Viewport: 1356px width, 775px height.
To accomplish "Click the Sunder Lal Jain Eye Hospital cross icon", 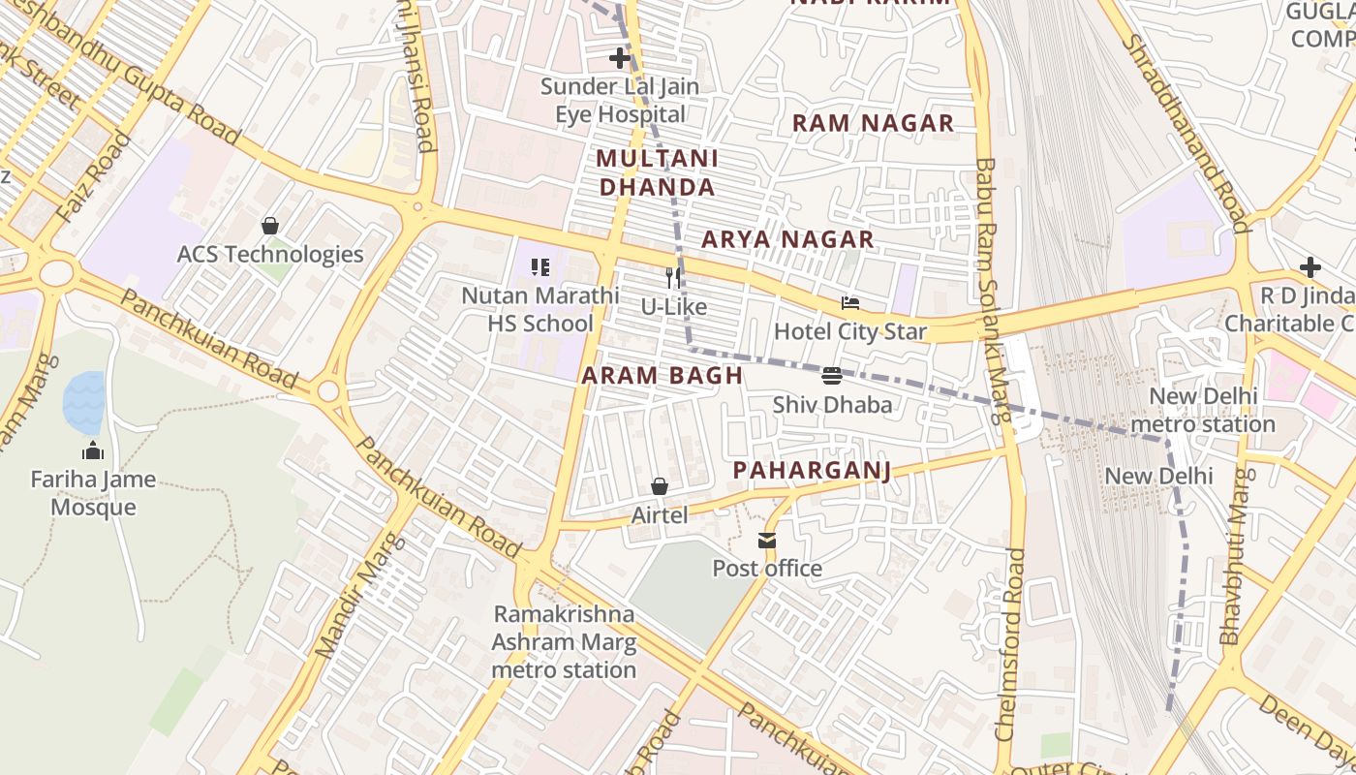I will (620, 58).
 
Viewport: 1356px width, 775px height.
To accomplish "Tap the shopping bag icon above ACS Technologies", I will (270, 226).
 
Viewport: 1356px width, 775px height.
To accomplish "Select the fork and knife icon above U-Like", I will (673, 278).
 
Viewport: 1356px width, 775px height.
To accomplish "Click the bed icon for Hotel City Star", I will (850, 303).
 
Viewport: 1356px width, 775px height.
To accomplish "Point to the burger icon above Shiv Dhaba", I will (831, 376).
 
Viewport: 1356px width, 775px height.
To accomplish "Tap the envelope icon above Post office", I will (767, 540).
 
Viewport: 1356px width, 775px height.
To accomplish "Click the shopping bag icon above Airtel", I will (660, 486).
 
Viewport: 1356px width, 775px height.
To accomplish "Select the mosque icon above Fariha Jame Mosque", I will (93, 450).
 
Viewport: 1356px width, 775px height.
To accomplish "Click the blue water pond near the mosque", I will (84, 402).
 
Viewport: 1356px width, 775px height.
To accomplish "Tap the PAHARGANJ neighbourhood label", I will (811, 471).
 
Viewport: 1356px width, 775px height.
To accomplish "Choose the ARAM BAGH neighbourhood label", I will (663, 376).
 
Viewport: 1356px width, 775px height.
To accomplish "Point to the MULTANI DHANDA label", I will (657, 172).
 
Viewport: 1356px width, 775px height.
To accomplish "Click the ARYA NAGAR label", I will (787, 239).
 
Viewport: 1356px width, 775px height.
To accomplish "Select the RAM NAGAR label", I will (873, 123).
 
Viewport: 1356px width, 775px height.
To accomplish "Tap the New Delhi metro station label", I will (1203, 410).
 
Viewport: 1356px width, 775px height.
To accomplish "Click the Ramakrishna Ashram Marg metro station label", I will (564, 641).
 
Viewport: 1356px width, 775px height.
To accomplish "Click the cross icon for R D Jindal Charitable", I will (1310, 267).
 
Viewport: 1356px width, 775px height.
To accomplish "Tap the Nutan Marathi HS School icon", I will (539, 266).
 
